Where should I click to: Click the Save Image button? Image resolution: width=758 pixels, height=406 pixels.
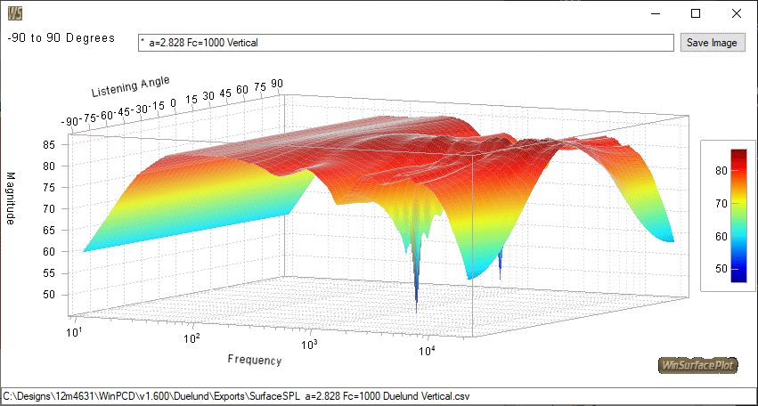(712, 43)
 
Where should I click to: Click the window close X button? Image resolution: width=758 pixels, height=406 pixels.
(736, 13)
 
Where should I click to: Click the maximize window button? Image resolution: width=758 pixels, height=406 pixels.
(696, 13)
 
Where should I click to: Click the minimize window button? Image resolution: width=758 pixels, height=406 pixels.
(655, 13)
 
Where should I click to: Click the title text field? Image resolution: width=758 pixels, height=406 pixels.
(405, 43)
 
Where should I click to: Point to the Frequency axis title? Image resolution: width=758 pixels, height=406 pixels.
(254, 360)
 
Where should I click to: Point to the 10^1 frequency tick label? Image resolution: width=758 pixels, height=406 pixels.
(77, 331)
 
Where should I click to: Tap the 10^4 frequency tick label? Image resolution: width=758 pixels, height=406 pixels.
(428, 351)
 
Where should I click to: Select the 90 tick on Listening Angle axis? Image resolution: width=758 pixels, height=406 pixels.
(277, 84)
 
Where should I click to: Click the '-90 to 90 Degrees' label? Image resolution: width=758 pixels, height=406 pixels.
(61, 38)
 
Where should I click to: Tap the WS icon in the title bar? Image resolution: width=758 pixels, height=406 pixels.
(15, 12)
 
